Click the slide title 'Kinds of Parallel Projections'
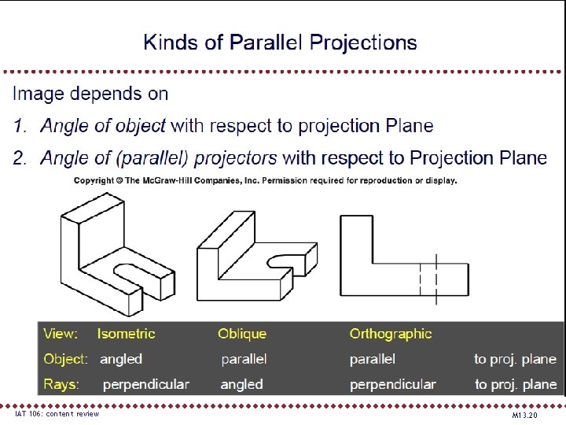280,42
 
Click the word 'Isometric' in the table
126,334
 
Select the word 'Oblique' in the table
242,334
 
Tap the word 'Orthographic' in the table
391,334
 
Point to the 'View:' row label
61,334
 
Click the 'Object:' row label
65,359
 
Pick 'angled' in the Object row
121,359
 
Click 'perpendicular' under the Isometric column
145,384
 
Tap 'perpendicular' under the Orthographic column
392,384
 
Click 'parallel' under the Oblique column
244,359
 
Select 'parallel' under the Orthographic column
372,359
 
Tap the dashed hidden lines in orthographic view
428,279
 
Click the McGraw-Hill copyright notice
265,180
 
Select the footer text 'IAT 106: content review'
57,413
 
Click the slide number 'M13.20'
524,414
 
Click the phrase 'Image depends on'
90,94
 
